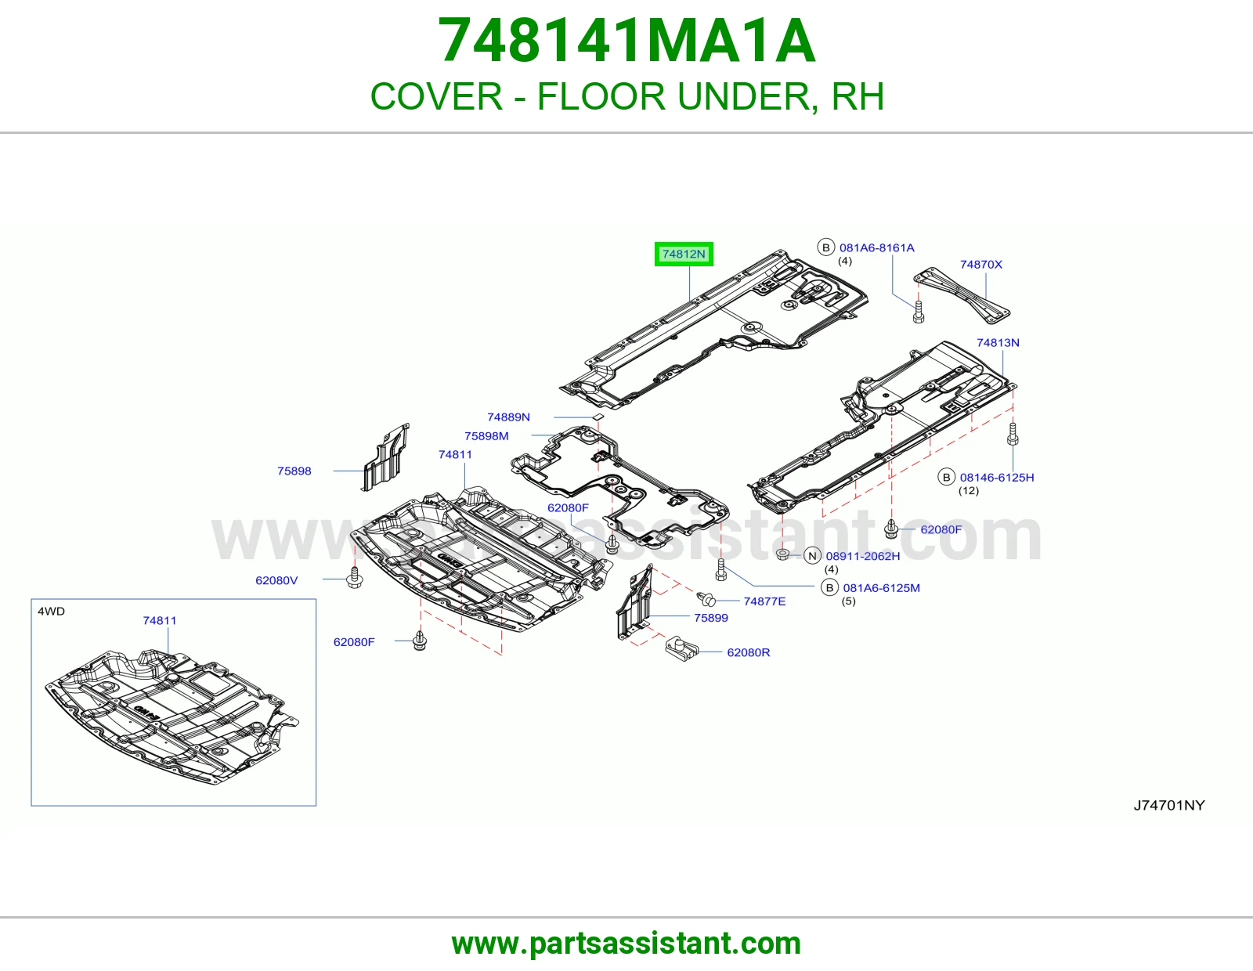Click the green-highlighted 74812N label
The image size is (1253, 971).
click(x=684, y=254)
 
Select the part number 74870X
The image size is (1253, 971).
click(x=980, y=264)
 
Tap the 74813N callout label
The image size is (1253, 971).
click(x=998, y=342)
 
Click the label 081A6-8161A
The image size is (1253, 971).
click(x=876, y=247)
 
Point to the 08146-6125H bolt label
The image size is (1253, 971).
click(x=996, y=478)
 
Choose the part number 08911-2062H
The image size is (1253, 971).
click(x=863, y=556)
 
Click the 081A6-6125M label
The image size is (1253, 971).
click(x=881, y=587)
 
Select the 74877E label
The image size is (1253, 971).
click(x=764, y=601)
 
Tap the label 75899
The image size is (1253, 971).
click(x=710, y=618)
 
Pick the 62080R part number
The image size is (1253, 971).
click(x=749, y=652)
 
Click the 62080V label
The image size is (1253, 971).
click(x=276, y=580)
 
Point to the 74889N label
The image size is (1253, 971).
click(x=508, y=417)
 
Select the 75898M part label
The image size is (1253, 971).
click(x=486, y=436)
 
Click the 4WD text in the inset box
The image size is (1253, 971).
click(x=52, y=612)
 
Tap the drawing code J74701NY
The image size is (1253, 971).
click(x=1168, y=805)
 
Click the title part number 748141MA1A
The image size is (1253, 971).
click(x=626, y=41)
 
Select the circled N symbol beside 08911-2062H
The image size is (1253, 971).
click(x=812, y=556)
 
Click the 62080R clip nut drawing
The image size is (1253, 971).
click(x=681, y=648)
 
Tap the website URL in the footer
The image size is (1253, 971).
click(x=626, y=944)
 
